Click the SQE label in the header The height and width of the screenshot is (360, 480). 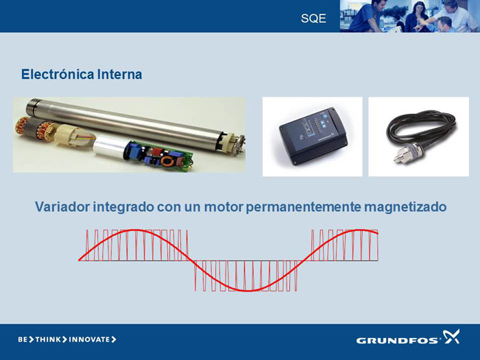pos(313,19)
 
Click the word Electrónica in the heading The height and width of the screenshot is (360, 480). pos(58,74)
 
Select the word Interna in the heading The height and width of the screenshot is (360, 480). pos(120,74)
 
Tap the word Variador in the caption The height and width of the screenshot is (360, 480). pos(62,206)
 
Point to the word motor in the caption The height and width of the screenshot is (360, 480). pos(224,207)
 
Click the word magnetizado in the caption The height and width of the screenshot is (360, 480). pos(405,207)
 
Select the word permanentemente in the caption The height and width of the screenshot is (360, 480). pos(303,207)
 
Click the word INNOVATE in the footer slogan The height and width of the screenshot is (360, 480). pos(89,339)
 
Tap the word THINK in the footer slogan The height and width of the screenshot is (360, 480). pos(48,339)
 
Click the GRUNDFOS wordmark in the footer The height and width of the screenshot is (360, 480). pos(398,340)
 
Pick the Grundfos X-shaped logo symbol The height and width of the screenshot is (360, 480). pos(451,336)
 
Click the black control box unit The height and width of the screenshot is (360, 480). pos(313,136)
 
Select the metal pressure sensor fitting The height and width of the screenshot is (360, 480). pos(408,152)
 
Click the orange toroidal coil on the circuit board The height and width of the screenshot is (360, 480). pos(168,161)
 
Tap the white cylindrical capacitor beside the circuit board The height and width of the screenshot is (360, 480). pos(110,147)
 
